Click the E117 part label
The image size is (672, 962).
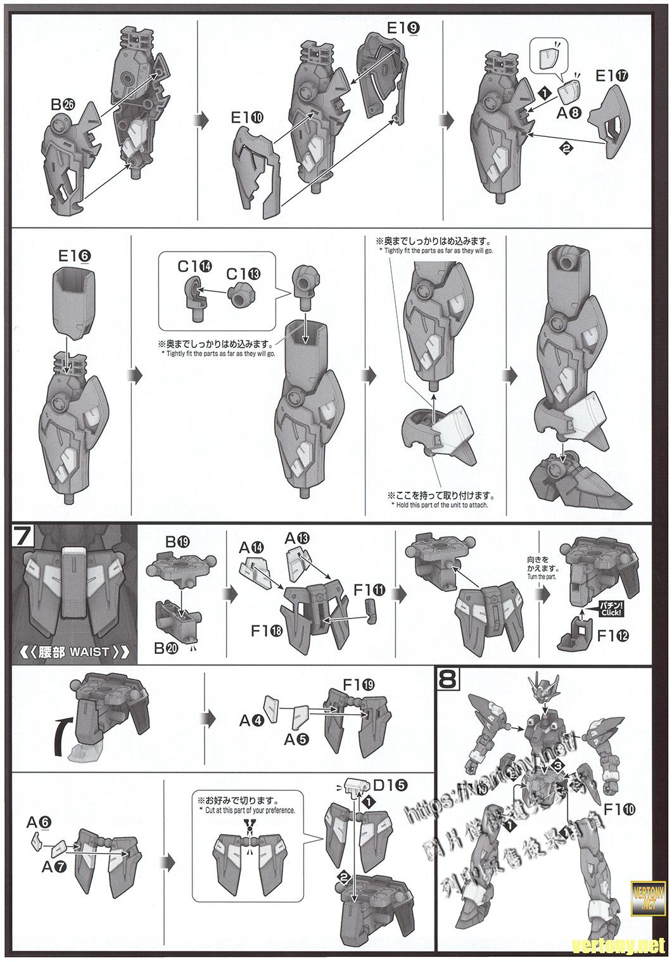pos(611,76)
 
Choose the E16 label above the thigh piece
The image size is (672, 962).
pos(75,255)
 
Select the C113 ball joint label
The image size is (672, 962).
pos(243,274)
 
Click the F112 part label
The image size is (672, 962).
pos(613,636)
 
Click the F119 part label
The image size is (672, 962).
pos(358,685)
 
